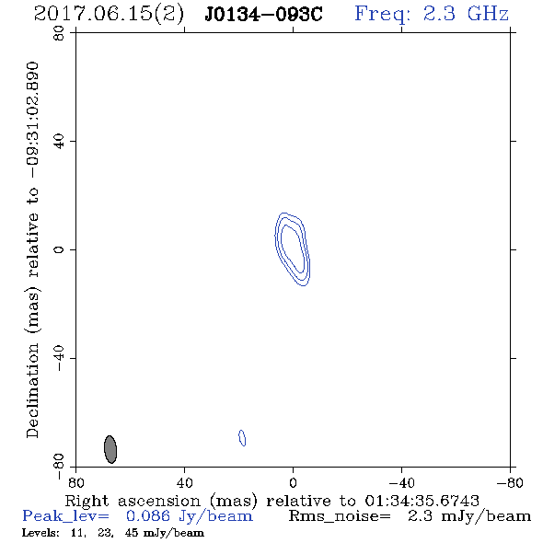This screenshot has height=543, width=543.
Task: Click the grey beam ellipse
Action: click(110, 449)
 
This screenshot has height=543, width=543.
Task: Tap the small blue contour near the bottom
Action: click(242, 438)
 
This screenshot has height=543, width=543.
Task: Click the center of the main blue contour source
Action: click(292, 249)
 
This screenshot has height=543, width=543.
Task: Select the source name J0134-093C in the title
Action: click(263, 14)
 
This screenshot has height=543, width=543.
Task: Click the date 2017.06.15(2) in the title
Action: click(109, 14)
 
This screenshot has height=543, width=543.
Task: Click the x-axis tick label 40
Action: click(184, 482)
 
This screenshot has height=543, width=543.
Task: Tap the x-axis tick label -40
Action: click(401, 482)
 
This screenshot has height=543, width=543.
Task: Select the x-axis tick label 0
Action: click(293, 482)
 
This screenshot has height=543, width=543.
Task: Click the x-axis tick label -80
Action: click(510, 482)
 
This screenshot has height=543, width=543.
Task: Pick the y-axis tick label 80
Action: click(59, 33)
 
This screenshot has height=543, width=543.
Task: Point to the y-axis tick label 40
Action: click(59, 142)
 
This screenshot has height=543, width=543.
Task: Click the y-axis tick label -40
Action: click(59, 358)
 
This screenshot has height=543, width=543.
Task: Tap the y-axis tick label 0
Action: click(59, 249)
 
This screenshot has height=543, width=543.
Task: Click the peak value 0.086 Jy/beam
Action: click(189, 516)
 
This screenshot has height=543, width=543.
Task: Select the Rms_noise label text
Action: click(340, 516)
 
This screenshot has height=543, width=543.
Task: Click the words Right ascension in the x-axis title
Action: click(133, 501)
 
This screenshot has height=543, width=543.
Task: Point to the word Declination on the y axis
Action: click(32, 391)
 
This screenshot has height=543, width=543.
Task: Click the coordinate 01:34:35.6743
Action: click(422, 501)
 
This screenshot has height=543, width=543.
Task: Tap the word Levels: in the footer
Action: click(40, 533)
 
